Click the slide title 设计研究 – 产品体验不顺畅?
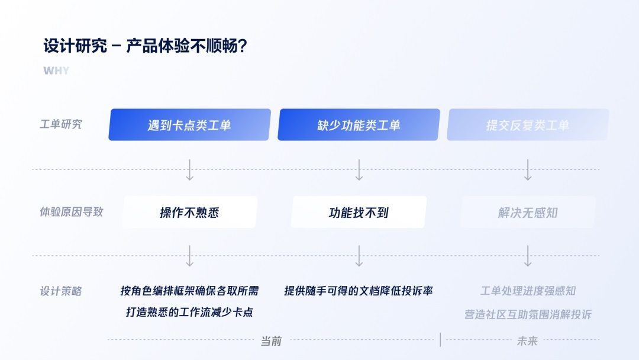tap(145, 46)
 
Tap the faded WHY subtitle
tap(56, 70)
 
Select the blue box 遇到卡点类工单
tap(189, 125)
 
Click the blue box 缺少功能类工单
tap(359, 125)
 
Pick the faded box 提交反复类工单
tap(528, 125)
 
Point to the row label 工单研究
tap(61, 124)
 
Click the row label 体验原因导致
tap(72, 211)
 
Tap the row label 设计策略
tap(61, 291)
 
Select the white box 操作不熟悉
tap(189, 212)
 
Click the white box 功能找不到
tap(359, 212)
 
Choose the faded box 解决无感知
tap(528, 212)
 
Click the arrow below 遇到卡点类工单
tap(189, 169)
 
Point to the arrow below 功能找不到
tap(359, 256)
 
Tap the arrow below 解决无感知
tap(528, 256)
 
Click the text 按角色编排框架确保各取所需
tap(189, 291)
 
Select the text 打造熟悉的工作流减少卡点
tap(189, 312)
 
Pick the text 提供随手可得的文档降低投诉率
tap(359, 291)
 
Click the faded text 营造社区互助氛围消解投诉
tap(528, 314)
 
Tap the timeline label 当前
tap(271, 341)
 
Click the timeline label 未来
tap(527, 341)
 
